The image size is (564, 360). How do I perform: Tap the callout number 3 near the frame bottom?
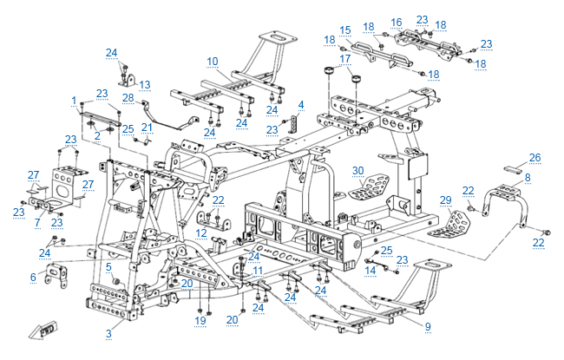pos(108,333)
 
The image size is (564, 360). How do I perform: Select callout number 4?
pos(300,104)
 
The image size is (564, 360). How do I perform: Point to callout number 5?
pos(108,266)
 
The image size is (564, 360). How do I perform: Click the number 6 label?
pos(33,277)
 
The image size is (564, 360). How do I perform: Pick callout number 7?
pos(38,223)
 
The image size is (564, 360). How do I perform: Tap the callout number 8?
pos(527,177)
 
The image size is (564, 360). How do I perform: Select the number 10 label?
pos(213,61)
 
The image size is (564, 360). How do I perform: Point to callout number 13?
pos(145,84)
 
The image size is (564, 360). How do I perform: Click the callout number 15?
pos(344,29)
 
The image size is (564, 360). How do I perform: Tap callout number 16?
pos(397,23)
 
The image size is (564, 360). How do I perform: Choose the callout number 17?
pos(345,59)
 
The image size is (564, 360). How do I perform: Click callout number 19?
pos(200,321)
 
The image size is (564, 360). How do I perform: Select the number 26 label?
pos(534,157)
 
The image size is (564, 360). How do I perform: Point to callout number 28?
pos(128,98)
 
